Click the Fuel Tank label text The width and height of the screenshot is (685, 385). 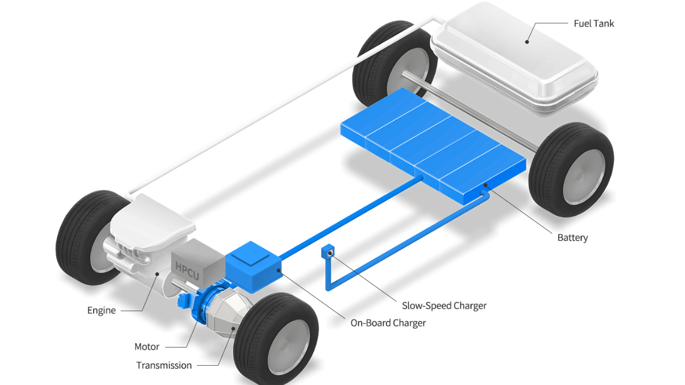593,24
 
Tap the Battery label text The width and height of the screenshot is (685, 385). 572,237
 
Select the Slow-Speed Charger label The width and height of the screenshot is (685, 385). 444,306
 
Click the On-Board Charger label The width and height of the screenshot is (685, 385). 388,323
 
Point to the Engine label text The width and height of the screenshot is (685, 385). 101,310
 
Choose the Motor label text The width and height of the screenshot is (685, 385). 147,346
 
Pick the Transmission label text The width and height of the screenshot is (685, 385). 164,365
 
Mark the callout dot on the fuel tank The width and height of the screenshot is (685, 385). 527,41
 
